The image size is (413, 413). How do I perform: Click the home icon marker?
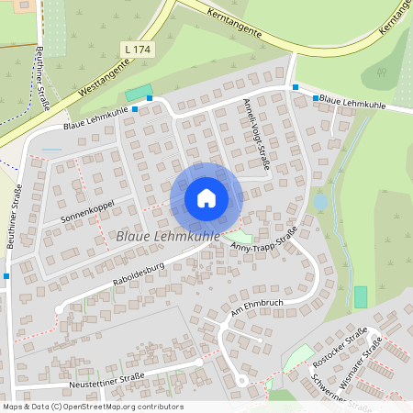pos(206,197)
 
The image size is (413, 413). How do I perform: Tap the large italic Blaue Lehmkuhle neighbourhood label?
pos(168,237)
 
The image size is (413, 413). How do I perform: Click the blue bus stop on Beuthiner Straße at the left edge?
pos(6,275)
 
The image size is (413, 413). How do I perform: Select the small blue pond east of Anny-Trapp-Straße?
pos(319,200)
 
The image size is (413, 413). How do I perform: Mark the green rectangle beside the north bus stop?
pos(138,93)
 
